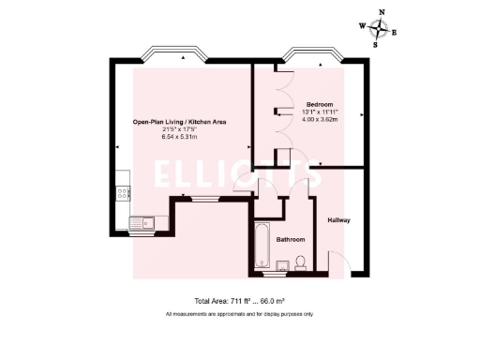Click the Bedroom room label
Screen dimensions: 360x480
[x=321, y=103]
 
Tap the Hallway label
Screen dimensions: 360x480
[x=338, y=220]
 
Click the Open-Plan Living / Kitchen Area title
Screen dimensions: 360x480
[x=178, y=122]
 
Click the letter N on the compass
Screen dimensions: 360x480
[x=381, y=14]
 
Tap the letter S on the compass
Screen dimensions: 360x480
[x=375, y=44]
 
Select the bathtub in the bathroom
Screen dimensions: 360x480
[x=262, y=247]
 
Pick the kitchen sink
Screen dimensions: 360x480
[x=144, y=223]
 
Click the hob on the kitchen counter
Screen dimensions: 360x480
[x=122, y=194]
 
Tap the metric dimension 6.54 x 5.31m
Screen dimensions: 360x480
[x=178, y=138]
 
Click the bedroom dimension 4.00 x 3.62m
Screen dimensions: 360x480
[x=321, y=119]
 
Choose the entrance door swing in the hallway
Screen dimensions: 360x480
[x=337, y=262]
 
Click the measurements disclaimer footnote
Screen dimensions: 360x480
[x=239, y=314]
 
